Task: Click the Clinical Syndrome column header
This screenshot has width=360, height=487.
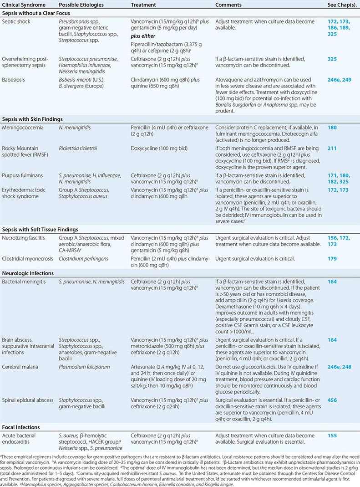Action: (x=21, y=5)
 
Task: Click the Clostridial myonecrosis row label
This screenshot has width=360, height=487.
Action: (x=27, y=259)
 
